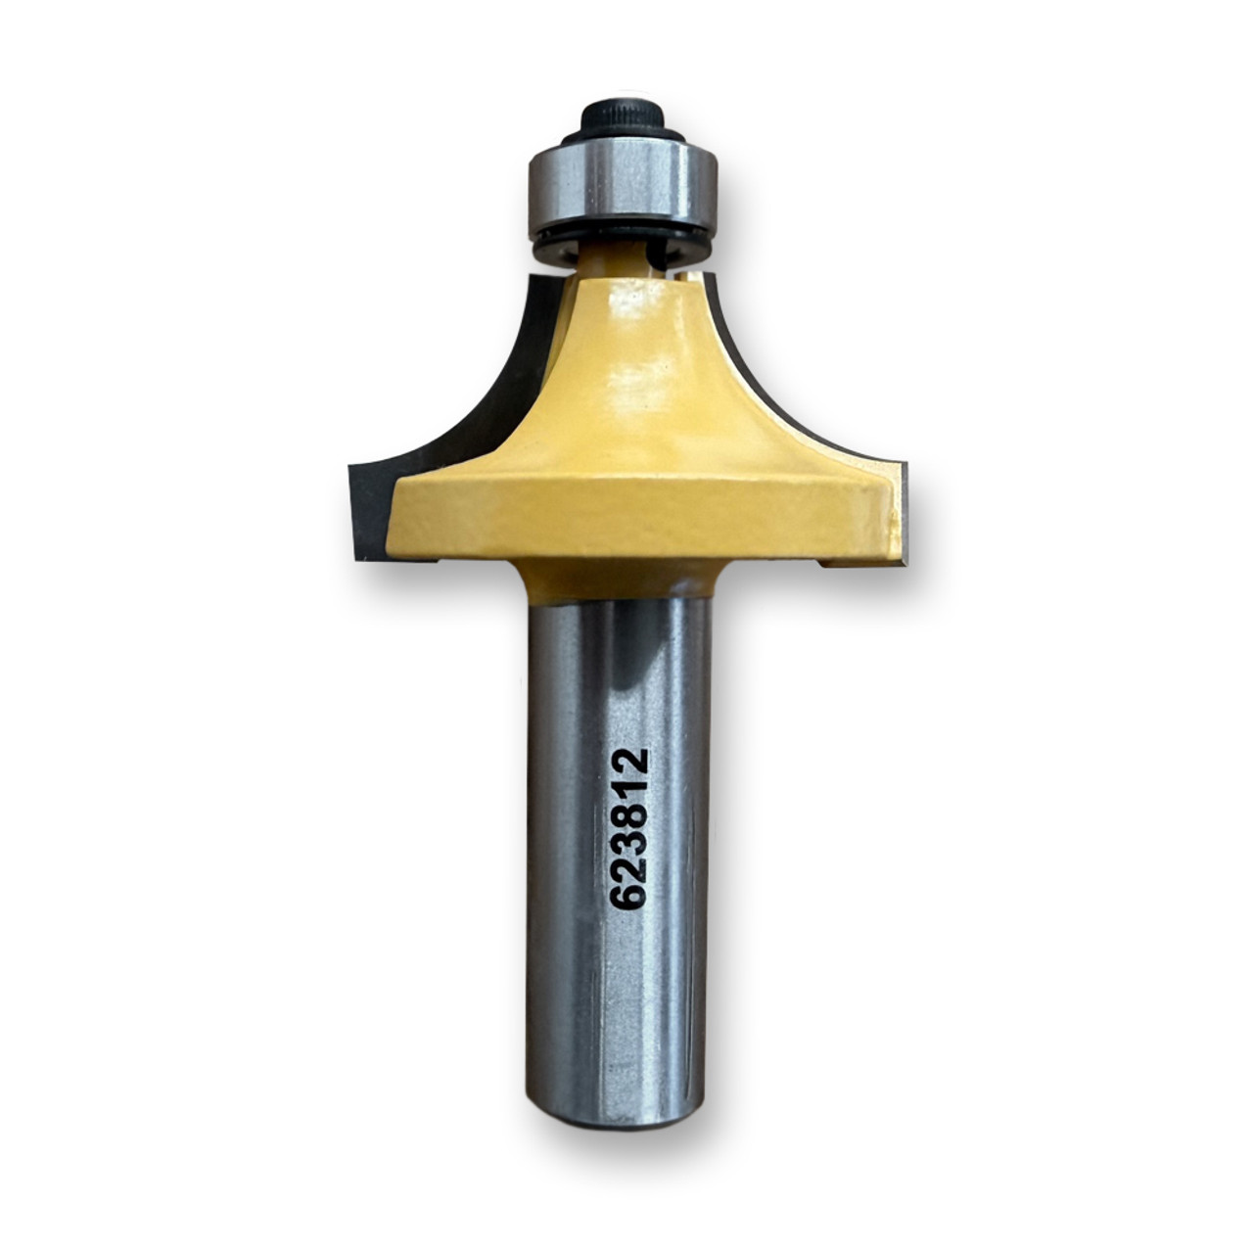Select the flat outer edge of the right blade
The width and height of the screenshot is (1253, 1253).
click(905, 514)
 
